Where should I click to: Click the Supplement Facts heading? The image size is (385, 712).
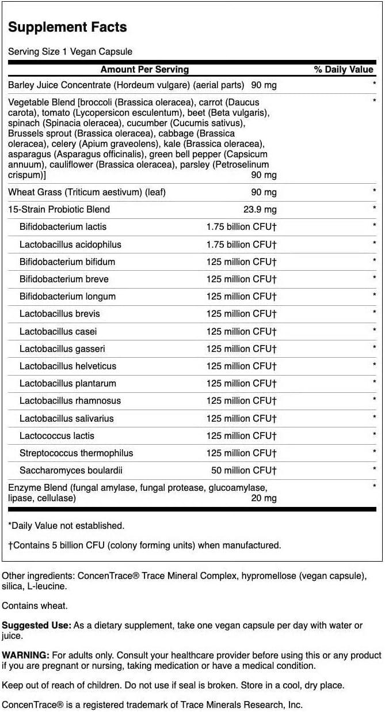(67, 27)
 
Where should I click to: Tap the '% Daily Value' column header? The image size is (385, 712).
(343, 69)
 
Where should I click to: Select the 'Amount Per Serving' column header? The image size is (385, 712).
(144, 69)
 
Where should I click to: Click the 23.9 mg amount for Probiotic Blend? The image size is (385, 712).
(260, 209)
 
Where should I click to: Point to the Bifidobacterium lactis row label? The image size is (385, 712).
(63, 226)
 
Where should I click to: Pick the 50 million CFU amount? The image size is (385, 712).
(242, 470)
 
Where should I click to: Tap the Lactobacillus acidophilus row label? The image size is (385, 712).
(70, 244)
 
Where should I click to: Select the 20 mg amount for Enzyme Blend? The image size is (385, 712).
(264, 498)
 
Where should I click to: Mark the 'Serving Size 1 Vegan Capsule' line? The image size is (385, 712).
(70, 51)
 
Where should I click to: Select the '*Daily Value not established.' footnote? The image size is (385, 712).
(66, 525)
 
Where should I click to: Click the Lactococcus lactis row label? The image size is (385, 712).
(57, 435)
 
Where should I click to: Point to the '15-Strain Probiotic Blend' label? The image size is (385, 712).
(59, 209)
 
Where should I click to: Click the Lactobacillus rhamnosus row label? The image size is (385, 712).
(70, 400)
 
